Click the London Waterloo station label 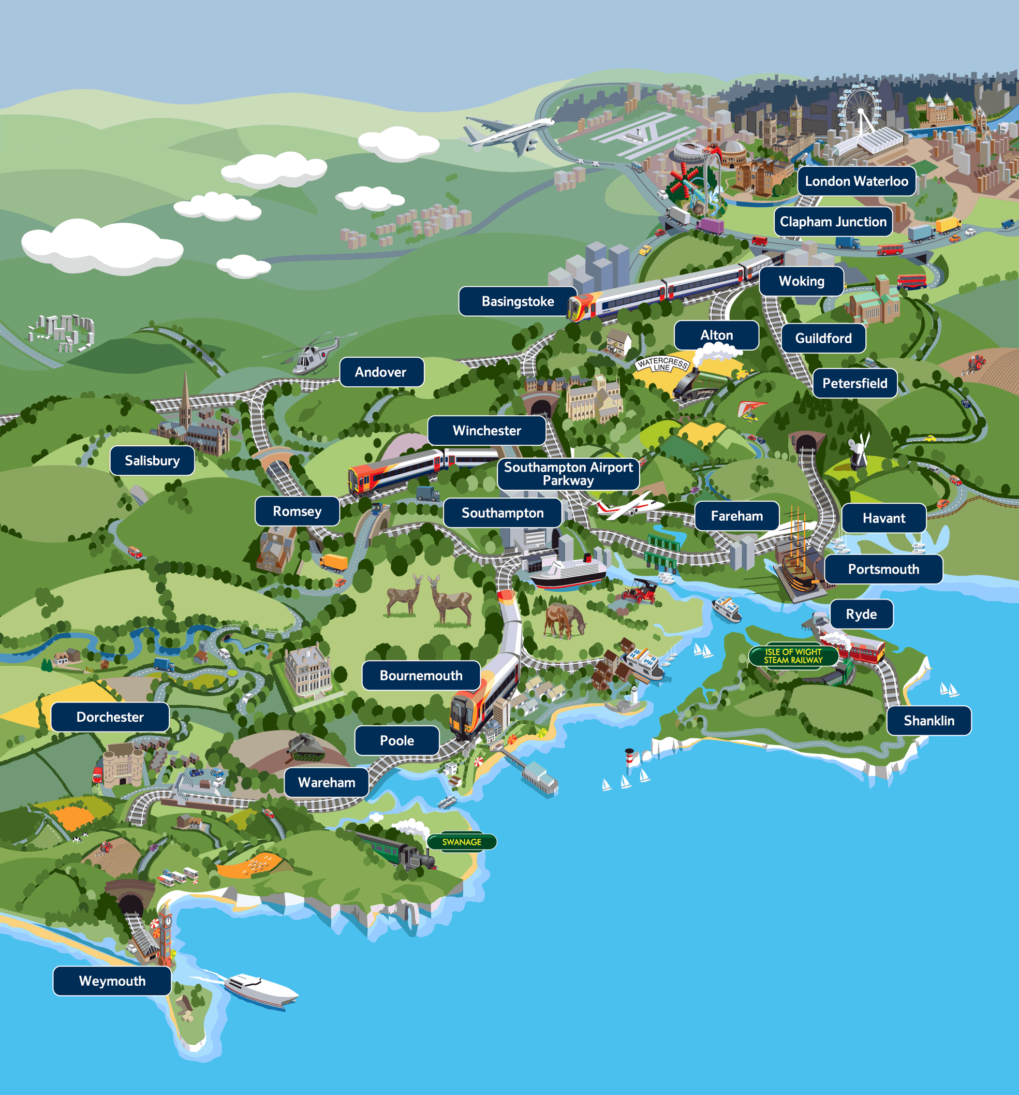pyautogui.click(x=856, y=181)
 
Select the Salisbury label pyautogui.click(x=152, y=460)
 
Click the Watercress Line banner pyautogui.click(x=662, y=364)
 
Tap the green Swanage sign pyautogui.click(x=461, y=842)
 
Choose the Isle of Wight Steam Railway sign pyautogui.click(x=793, y=655)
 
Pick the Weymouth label pyautogui.click(x=112, y=981)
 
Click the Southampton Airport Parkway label pyautogui.click(x=568, y=474)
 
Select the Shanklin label pyautogui.click(x=929, y=721)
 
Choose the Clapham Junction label pyautogui.click(x=833, y=222)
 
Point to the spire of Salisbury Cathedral pyautogui.click(x=185, y=394)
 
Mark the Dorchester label pyautogui.click(x=110, y=717)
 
